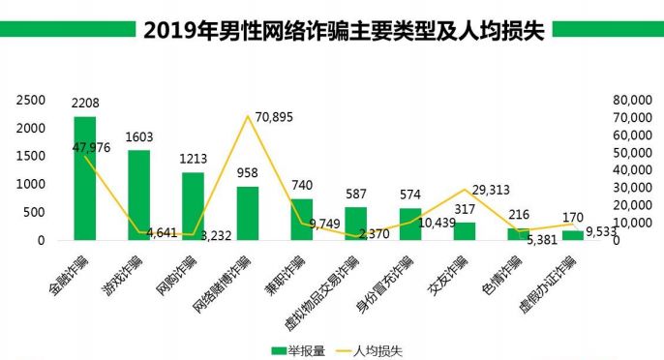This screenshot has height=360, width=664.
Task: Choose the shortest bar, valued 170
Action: [x=573, y=235]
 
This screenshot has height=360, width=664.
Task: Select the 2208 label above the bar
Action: [x=85, y=103]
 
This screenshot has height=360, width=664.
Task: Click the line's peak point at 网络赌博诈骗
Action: [x=248, y=116]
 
